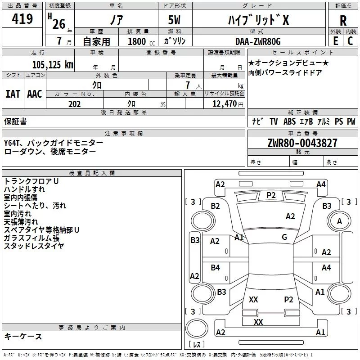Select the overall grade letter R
click(x=343, y=20)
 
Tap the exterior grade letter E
click(x=335, y=41)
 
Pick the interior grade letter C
click(x=350, y=41)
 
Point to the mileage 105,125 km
click(x=53, y=65)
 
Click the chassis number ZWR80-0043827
click(x=302, y=144)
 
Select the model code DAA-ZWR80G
click(x=258, y=41)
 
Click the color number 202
click(x=74, y=104)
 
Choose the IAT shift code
click(x=13, y=94)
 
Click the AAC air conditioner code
click(x=35, y=94)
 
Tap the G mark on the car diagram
click(x=284, y=237)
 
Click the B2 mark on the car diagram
click(x=216, y=206)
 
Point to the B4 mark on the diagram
click(x=216, y=268)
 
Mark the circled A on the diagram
click(x=339, y=221)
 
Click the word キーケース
click(x=23, y=336)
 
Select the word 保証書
click(x=15, y=121)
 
